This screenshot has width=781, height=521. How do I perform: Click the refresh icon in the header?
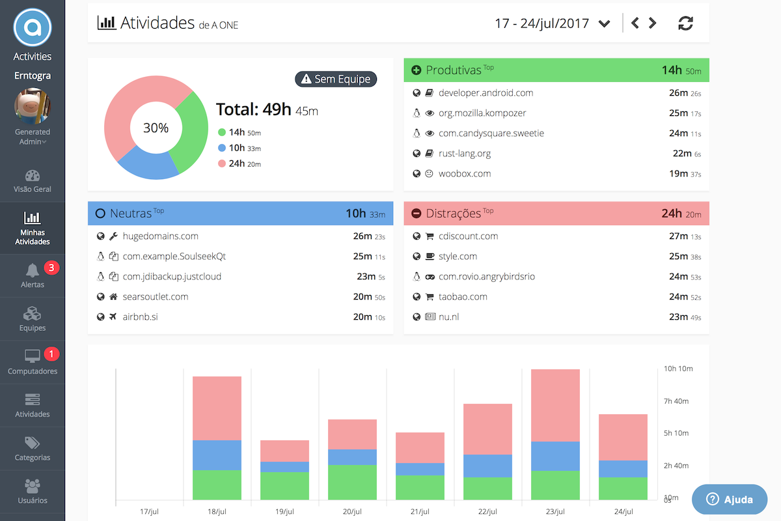[x=685, y=23]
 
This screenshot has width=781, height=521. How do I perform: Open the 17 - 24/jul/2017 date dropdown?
[x=552, y=23]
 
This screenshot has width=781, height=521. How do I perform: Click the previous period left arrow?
[x=635, y=23]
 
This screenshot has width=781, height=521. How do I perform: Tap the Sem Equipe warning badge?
[x=336, y=79]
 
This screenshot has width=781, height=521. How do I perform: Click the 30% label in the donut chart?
[x=156, y=128]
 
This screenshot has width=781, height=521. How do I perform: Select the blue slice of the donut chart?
[x=147, y=164]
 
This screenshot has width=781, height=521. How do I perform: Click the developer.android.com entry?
[x=486, y=93]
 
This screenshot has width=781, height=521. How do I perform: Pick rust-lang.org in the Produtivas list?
[x=465, y=154]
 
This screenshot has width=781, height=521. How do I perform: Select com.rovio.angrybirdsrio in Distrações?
[x=486, y=277]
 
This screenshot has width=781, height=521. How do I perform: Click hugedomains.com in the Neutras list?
[x=160, y=236]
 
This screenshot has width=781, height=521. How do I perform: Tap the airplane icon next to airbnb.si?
[x=113, y=317]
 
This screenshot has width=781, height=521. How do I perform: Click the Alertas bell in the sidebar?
[x=33, y=271]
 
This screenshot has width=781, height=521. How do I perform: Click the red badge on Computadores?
[x=51, y=354]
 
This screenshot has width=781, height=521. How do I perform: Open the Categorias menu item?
[x=33, y=449]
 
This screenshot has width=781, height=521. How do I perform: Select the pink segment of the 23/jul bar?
[x=555, y=405]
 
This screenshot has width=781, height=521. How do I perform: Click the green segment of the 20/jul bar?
[x=352, y=482]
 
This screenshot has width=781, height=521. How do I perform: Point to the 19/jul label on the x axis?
[x=284, y=512]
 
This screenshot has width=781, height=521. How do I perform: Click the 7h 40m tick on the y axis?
[x=677, y=401]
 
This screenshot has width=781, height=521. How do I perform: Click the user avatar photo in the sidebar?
[x=33, y=106]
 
